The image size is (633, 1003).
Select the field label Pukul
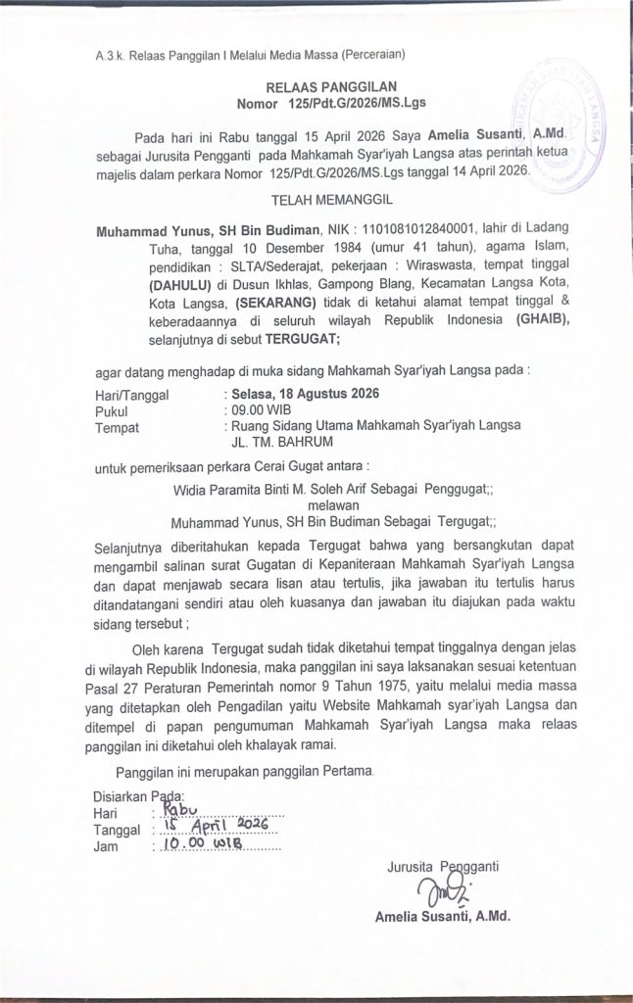pyautogui.click(x=112, y=410)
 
